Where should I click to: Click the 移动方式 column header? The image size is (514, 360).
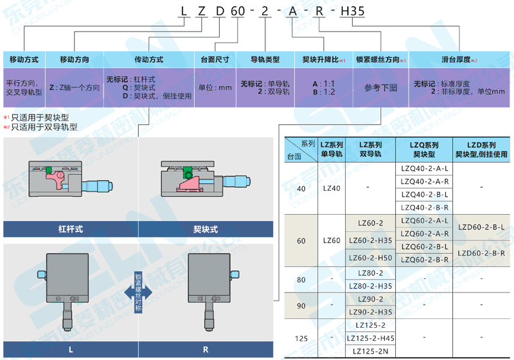tap(24, 59)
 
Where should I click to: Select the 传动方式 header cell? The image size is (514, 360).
tap(148, 59)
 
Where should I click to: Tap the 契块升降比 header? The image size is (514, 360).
tap(323, 59)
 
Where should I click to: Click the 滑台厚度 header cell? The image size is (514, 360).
tap(458, 59)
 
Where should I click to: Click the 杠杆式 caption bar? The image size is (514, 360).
tap(71, 229)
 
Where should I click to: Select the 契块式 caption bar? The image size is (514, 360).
tap(206, 229)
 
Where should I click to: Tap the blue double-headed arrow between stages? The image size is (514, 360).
tap(138, 291)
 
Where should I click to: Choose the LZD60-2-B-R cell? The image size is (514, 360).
tap(481, 253)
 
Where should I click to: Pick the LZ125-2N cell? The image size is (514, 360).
tap(370, 351)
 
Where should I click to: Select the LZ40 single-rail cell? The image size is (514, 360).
tap(332, 188)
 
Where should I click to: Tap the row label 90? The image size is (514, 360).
tap(301, 306)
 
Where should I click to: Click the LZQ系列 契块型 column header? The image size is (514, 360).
tap(424, 149)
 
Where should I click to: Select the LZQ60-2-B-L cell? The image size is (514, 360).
tap(424, 247)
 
